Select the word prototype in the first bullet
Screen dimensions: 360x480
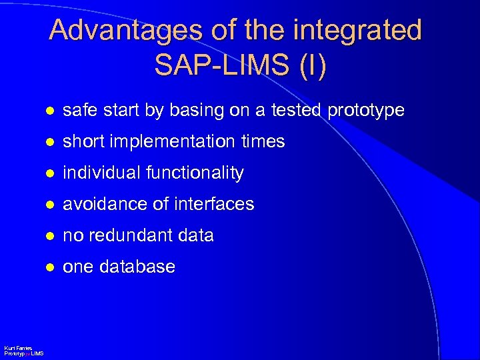(365, 110)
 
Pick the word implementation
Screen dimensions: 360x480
(176, 141)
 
